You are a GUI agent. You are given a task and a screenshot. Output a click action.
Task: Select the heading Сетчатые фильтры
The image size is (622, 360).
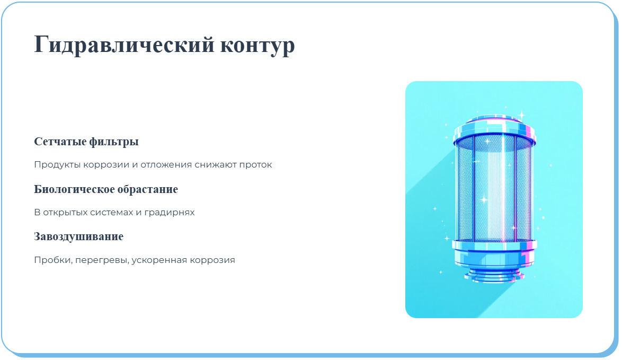point(86,142)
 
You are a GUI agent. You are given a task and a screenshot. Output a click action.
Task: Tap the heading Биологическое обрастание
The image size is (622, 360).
point(106,189)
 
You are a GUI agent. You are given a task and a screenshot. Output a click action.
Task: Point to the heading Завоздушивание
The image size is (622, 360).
point(78,236)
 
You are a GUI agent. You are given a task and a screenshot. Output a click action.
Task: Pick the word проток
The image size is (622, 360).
point(256,165)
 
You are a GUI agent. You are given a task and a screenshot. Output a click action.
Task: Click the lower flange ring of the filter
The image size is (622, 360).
point(494,245)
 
